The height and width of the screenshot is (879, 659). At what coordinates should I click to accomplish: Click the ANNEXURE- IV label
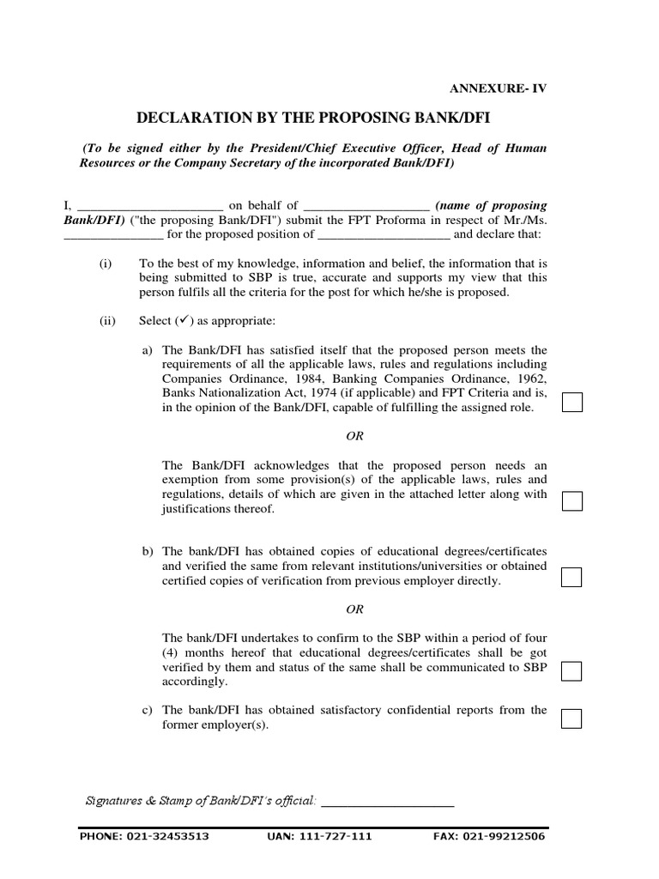coord(498,88)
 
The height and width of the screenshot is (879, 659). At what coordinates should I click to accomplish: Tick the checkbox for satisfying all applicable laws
coord(571,402)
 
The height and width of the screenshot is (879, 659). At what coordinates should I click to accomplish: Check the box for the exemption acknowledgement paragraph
coord(571,501)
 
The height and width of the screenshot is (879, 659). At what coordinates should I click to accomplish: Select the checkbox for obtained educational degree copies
coord(571,578)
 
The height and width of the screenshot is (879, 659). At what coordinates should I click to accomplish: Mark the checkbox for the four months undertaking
coord(571,670)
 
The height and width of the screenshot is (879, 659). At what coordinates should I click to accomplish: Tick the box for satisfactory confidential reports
coord(571,718)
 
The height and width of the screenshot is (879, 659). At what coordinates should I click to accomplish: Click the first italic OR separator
coord(354,436)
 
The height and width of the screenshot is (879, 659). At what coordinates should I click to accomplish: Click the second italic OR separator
coord(354,609)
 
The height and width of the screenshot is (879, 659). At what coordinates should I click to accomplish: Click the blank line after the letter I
coord(150,207)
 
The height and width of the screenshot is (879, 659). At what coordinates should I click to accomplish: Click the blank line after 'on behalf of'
coord(366,207)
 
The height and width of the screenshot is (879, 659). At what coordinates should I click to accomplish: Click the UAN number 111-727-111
coord(342,836)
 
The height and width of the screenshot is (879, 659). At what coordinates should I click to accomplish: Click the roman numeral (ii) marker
coord(107,321)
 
